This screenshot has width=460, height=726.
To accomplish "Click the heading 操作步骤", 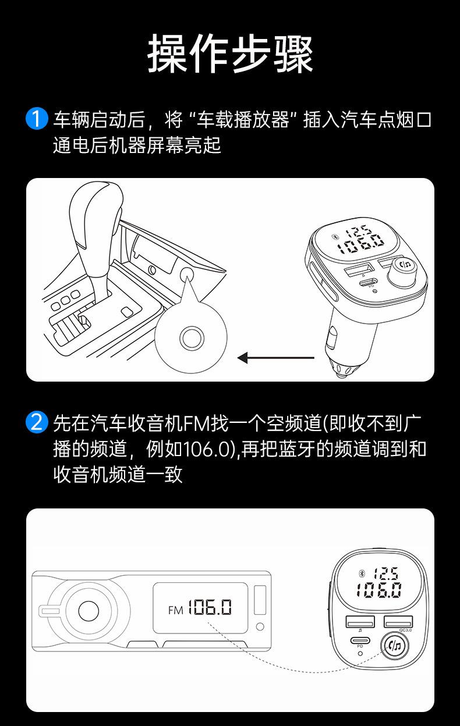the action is (x=230, y=53).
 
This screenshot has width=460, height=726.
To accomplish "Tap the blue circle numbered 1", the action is (x=37, y=119).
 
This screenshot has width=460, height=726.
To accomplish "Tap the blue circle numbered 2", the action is (x=37, y=422).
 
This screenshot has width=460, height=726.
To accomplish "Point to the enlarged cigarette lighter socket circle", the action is (x=191, y=338).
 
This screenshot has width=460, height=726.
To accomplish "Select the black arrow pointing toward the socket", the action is (x=276, y=358).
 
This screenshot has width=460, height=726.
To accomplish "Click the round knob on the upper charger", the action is (x=404, y=272).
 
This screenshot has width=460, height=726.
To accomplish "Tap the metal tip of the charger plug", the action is (x=347, y=370).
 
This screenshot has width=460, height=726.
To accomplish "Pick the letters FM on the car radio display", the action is (x=175, y=610).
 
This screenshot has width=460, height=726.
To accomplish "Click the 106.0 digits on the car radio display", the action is (x=210, y=607).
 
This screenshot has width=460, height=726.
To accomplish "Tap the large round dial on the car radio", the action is (x=89, y=611).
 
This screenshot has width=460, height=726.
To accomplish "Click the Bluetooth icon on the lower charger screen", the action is (x=362, y=573).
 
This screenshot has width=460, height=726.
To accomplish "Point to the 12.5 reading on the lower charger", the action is (x=386, y=574).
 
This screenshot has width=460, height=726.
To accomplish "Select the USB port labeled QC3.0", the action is (x=398, y=622).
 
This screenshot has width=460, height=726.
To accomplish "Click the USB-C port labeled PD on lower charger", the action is (x=360, y=640).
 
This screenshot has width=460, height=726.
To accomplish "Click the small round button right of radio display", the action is (x=260, y=627).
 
